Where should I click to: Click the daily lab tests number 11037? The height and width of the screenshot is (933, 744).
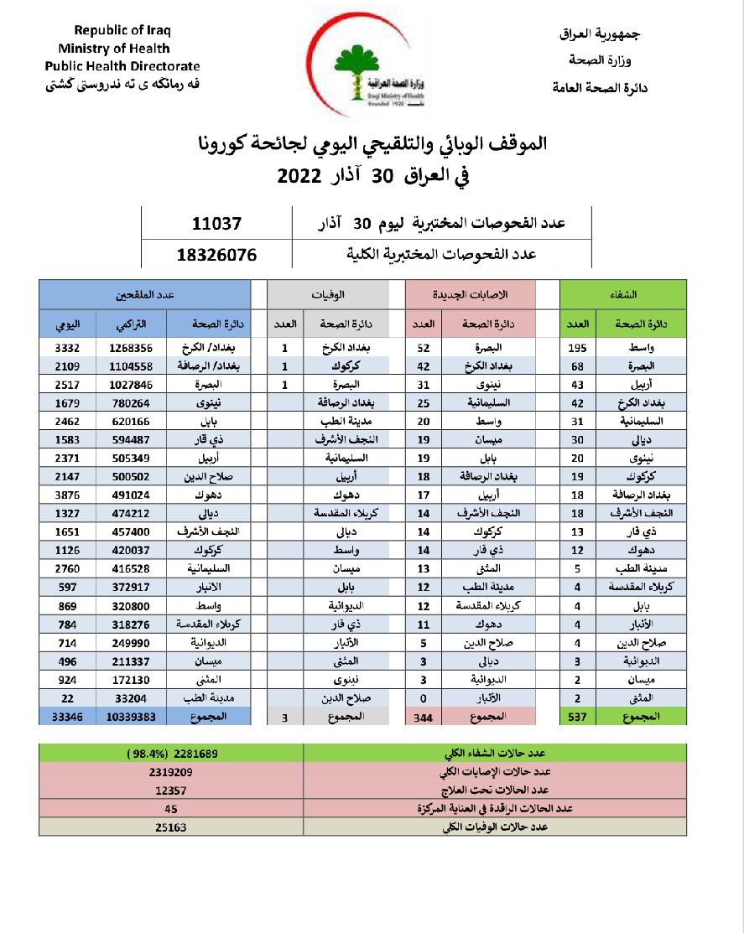point(216,224)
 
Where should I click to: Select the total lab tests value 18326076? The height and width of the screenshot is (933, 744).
point(216,254)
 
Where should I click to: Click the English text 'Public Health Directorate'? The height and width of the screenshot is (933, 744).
point(122,65)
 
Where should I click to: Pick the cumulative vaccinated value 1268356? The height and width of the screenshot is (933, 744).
point(132,347)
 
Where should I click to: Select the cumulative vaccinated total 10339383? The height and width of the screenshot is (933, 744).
point(132,716)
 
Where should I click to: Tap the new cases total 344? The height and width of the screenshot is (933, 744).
point(424,717)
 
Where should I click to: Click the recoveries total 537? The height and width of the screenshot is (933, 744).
point(578,716)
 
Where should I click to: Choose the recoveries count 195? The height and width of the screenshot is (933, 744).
point(578,347)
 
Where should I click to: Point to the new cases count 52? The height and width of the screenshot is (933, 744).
point(424,347)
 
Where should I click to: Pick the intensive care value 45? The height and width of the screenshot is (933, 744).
point(171,809)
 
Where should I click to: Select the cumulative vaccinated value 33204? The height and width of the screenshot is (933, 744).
point(132,697)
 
